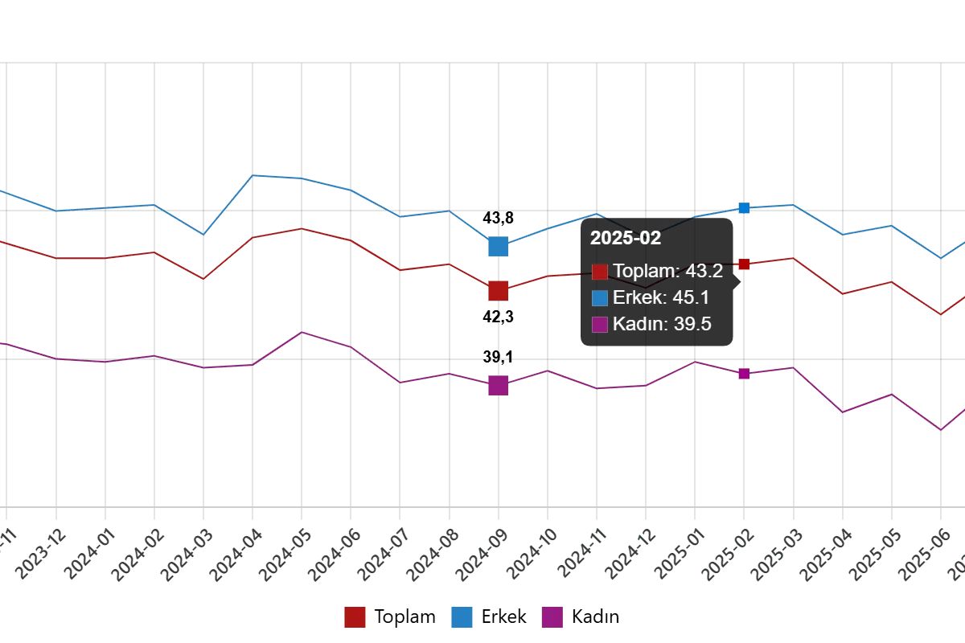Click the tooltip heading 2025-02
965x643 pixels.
pos(625,238)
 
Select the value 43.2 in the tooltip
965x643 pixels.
pos(705,271)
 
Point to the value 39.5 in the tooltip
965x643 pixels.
pos(693,325)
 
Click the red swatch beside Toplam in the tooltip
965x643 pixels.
pos(600,272)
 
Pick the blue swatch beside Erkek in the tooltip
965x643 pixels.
pos(600,298)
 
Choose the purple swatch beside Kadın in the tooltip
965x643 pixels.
pos(600,325)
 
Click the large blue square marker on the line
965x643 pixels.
pos(498,247)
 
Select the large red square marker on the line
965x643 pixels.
pos(498,290)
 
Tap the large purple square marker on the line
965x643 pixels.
pos(498,386)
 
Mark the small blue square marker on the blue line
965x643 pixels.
pos(744,208)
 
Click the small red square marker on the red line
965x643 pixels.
pos(744,264)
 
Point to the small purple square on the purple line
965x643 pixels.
pos(744,374)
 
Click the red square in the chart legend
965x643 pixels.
pos(355,617)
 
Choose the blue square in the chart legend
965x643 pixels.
pos(462,617)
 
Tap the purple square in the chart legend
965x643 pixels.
pos(553,617)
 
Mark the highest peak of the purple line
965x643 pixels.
pos(302,330)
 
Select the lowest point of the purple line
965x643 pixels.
pos(940,430)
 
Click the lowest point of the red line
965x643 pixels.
pos(940,314)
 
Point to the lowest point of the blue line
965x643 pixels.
pos(940,259)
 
